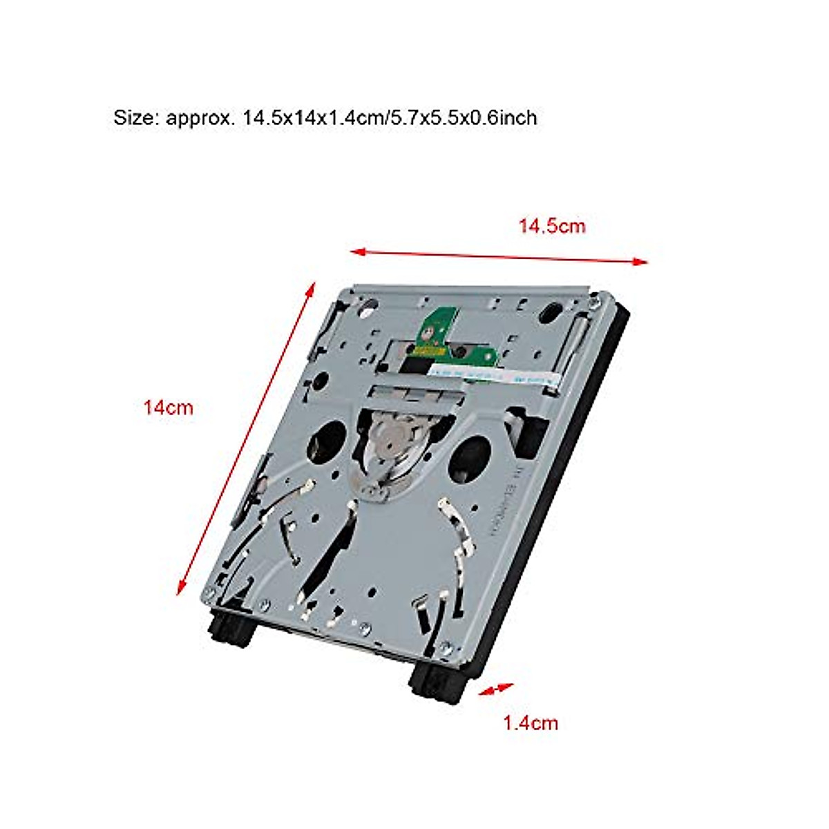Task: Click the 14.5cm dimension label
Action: click(552, 226)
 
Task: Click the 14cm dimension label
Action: click(168, 408)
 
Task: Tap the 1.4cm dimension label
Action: click(530, 723)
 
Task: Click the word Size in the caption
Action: click(136, 118)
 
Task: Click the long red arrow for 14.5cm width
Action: click(499, 256)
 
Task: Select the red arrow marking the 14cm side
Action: click(247, 437)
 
